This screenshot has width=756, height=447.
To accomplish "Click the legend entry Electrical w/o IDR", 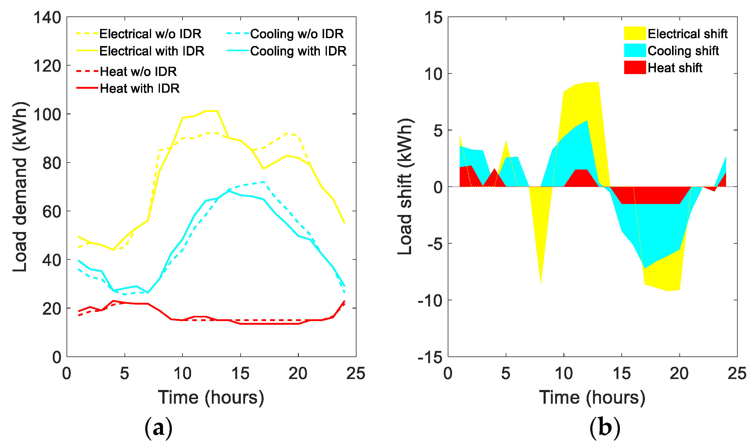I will (x=150, y=34).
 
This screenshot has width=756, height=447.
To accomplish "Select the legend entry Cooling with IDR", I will (x=298, y=51).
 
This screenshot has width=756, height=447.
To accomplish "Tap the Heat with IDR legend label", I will (x=139, y=88).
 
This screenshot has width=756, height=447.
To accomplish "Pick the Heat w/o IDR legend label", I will (x=138, y=72).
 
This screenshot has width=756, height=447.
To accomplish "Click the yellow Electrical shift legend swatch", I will (x=635, y=34).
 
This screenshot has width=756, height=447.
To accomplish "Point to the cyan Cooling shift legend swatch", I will (x=635, y=51).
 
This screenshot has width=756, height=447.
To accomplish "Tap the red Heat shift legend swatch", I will (x=635, y=68).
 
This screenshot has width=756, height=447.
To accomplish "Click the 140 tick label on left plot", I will (x=47, y=17).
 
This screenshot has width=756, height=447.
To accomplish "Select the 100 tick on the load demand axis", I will (x=47, y=114).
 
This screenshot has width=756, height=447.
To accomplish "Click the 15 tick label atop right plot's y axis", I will (x=433, y=17).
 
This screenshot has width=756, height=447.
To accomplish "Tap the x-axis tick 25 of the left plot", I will (x=356, y=374).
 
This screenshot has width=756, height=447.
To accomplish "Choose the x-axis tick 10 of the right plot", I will (x=563, y=374).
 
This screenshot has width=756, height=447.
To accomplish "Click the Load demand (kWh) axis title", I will (x=20, y=187).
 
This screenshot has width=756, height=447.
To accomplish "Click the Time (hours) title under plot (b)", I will (x=592, y=398).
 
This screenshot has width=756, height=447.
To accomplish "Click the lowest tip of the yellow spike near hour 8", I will (x=541, y=282).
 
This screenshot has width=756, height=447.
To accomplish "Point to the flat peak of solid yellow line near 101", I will (x=212, y=111).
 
